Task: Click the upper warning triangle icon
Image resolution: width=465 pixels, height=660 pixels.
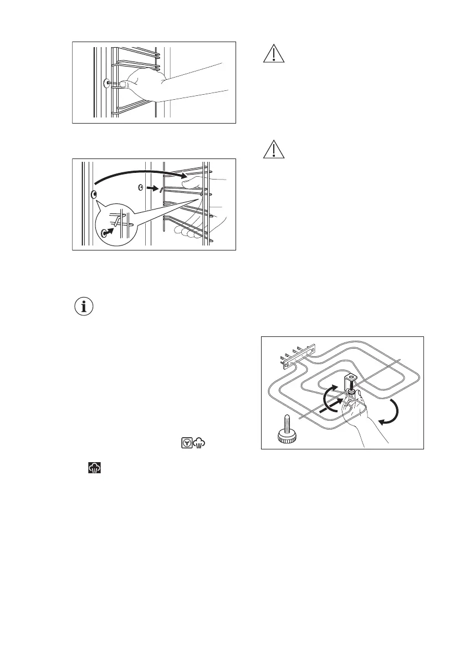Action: pos(272,54)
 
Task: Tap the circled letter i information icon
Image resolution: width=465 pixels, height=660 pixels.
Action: pos(85,307)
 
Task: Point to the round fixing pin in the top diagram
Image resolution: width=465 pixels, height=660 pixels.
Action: pos(106,84)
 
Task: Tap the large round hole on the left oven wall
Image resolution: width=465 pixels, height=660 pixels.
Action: pos(93,195)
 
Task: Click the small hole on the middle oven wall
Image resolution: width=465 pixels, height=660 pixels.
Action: pos(141,188)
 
